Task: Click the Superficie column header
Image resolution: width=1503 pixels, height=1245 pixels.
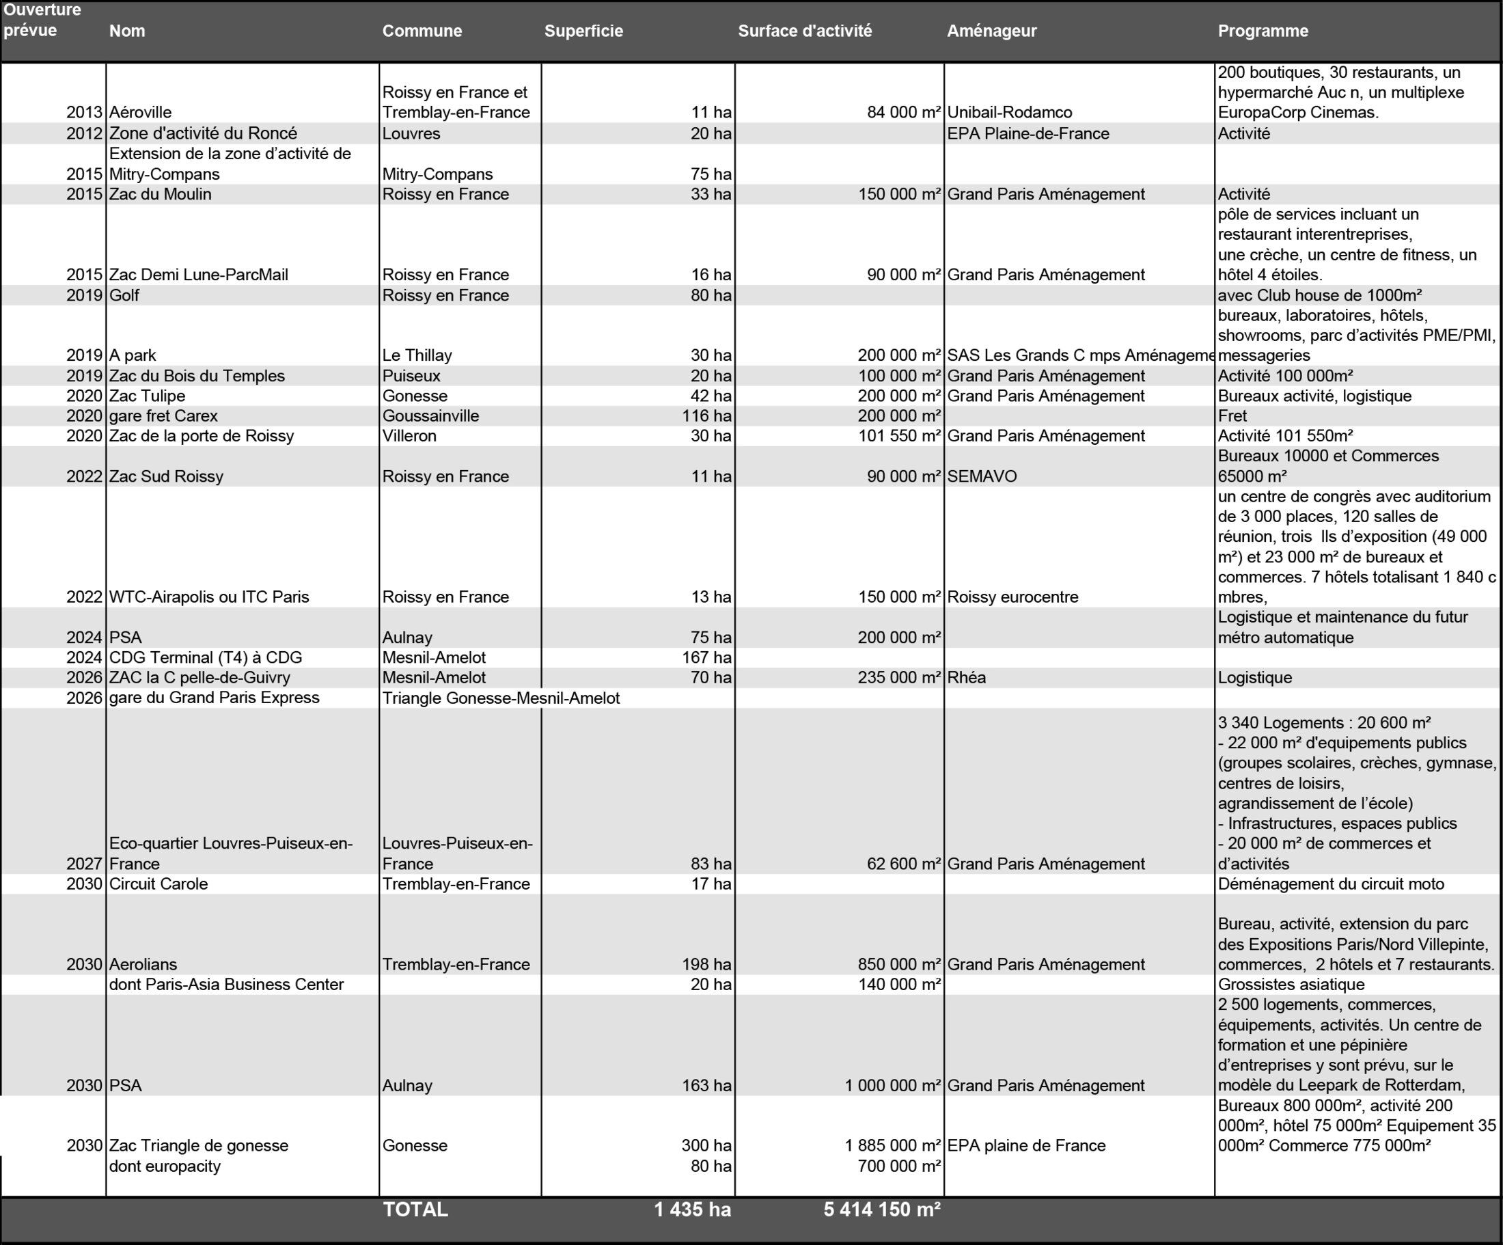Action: (583, 31)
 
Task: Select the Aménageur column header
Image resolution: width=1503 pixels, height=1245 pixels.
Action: (991, 31)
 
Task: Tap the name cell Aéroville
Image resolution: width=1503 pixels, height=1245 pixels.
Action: (140, 112)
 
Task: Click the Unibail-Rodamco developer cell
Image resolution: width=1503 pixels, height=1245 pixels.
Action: (1009, 112)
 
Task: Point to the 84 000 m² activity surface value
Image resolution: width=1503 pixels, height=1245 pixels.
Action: (903, 112)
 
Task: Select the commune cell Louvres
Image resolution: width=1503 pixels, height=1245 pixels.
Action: (411, 134)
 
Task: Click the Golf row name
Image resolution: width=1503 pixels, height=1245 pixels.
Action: (124, 296)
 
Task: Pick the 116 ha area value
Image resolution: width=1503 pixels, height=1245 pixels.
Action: (706, 416)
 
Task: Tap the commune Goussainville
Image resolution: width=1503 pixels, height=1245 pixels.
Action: (430, 416)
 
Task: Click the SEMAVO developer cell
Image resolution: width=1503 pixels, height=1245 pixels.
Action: (981, 477)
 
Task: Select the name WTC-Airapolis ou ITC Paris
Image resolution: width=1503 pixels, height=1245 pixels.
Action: (209, 597)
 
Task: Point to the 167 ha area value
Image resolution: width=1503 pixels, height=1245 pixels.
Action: (706, 657)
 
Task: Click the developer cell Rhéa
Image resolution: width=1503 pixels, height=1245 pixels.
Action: (966, 677)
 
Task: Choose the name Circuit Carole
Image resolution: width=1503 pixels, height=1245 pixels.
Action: (158, 884)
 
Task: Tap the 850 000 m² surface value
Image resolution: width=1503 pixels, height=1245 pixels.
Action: (899, 964)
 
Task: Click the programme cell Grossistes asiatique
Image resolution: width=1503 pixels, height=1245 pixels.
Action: (1291, 985)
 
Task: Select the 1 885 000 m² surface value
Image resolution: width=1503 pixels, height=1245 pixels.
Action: (892, 1145)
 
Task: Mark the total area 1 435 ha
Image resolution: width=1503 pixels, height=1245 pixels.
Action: (692, 1210)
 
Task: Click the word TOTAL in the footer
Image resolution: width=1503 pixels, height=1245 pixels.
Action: (415, 1210)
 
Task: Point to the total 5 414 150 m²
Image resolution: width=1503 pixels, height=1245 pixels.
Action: (881, 1210)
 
